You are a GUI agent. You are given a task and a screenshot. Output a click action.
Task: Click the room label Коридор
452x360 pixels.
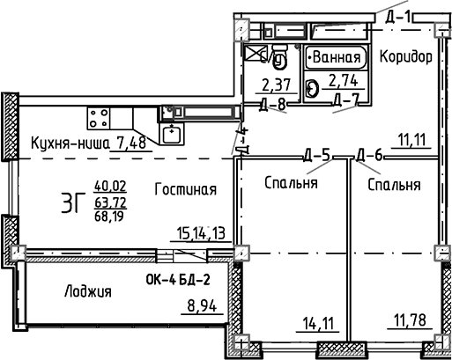[405, 57]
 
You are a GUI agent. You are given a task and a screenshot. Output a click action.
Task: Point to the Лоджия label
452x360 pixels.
[88, 291]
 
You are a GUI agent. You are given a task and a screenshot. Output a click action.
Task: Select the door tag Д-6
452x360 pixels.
[369, 157]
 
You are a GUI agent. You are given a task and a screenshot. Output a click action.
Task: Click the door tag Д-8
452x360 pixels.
[275, 104]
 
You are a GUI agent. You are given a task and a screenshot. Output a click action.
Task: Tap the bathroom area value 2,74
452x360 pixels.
[342, 83]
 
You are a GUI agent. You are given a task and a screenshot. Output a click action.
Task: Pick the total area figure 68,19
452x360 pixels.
[109, 216]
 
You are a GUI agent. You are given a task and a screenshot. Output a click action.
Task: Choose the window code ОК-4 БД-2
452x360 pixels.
[176, 282]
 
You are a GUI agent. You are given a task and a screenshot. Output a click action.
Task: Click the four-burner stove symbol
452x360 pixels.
[99, 118]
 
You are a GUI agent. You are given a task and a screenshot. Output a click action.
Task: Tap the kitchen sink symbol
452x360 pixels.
[171, 133]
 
